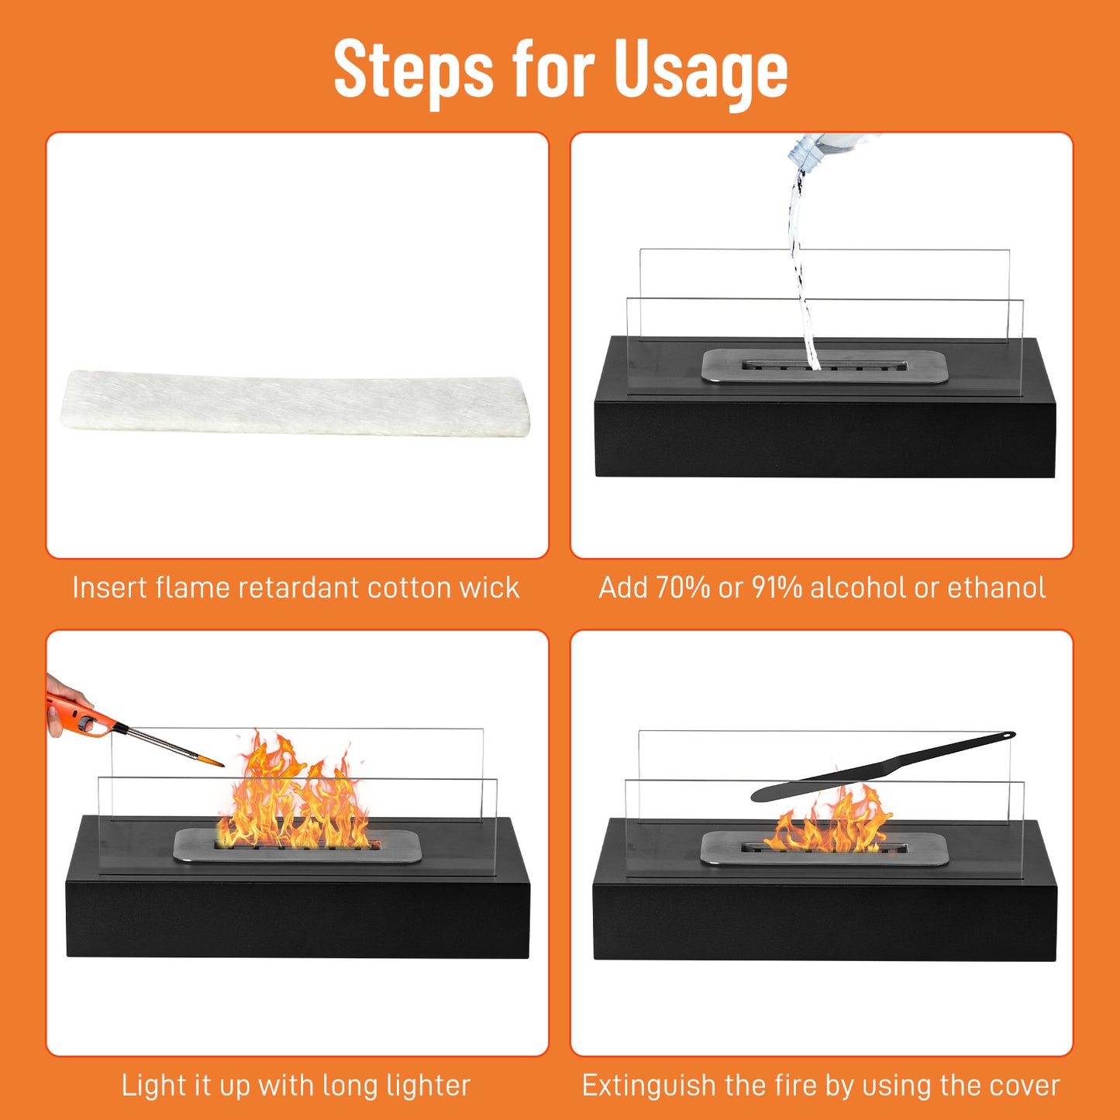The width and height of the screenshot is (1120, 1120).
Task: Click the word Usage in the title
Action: point(700,70)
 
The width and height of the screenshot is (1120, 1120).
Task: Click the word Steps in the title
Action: point(413,70)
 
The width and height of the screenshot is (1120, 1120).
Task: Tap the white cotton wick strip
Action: point(295,403)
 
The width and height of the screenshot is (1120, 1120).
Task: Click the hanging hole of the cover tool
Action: point(1005,735)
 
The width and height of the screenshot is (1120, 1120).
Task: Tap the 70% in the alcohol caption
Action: point(683,588)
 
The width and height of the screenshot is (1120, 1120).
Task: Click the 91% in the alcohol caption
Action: point(777,588)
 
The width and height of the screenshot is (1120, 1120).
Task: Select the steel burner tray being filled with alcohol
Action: point(824,366)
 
